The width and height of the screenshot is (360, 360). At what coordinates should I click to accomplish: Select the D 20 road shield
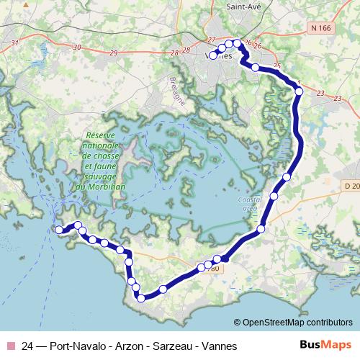351,186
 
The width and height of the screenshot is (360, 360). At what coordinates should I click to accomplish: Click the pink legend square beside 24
10,346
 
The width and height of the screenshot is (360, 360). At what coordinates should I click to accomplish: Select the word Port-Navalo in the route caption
71,346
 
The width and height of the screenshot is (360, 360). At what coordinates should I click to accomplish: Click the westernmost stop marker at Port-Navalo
59,230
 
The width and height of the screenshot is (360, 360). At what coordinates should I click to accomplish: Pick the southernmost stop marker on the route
141,297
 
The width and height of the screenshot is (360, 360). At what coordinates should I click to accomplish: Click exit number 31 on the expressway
14,43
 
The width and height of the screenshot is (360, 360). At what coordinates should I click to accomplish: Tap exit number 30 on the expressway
77,48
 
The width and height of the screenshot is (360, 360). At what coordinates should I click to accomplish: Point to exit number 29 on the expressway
114,53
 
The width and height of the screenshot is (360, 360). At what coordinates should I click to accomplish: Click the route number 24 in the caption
29,346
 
